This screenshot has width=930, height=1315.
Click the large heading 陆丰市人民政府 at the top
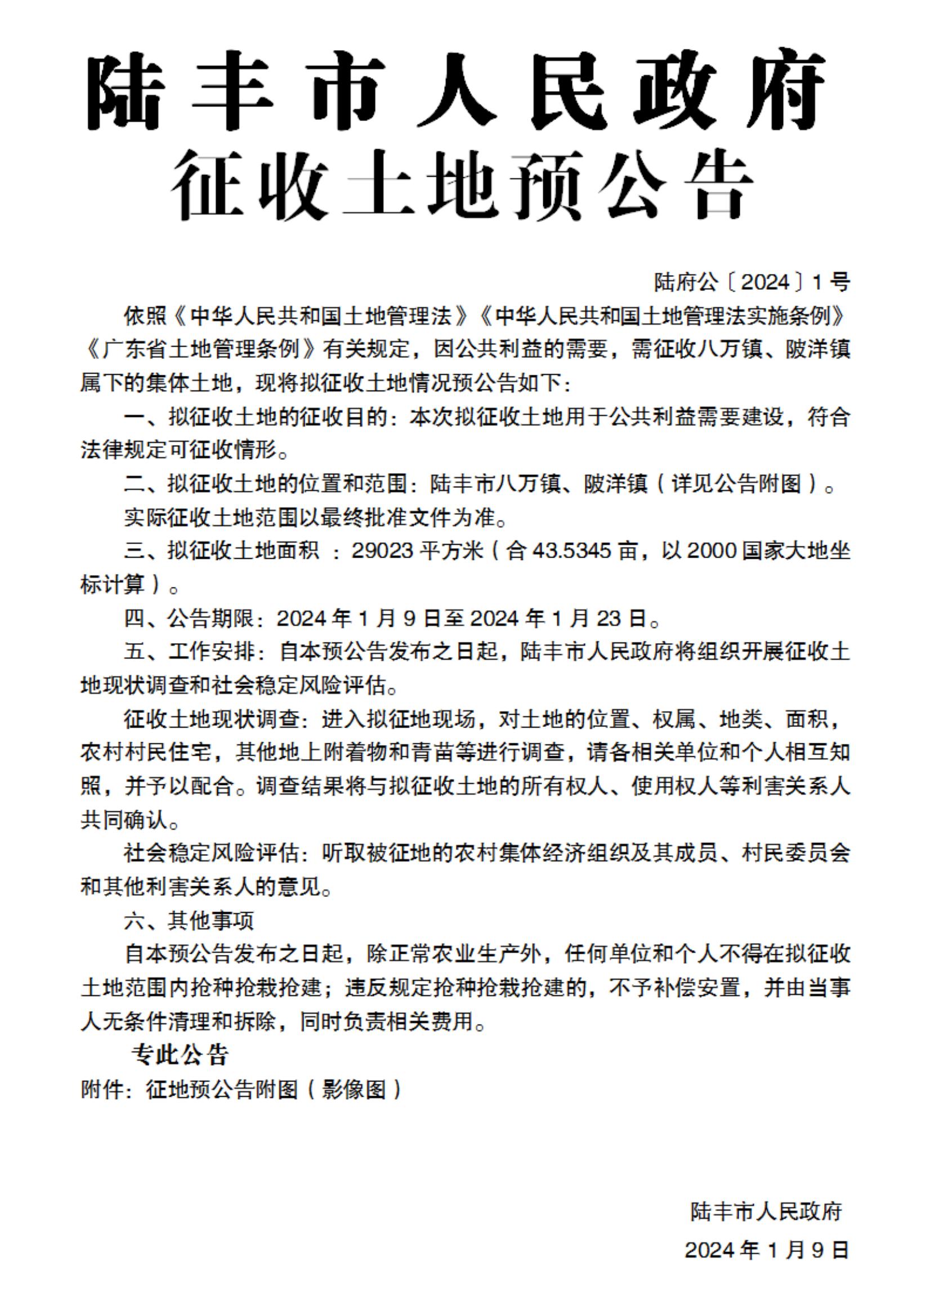click(456, 90)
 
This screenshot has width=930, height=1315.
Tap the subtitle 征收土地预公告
click(462, 185)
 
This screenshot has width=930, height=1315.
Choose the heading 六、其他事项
click(189, 921)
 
